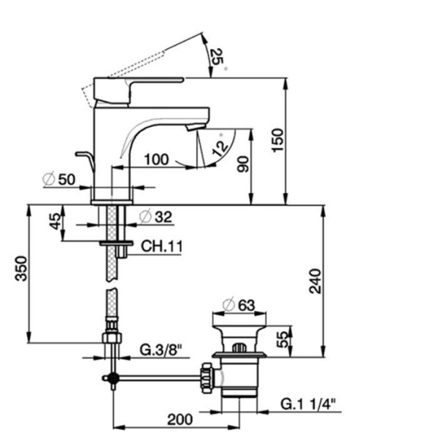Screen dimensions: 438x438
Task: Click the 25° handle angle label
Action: pos(217,57)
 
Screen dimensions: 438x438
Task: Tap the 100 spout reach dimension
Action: pos(156,159)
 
